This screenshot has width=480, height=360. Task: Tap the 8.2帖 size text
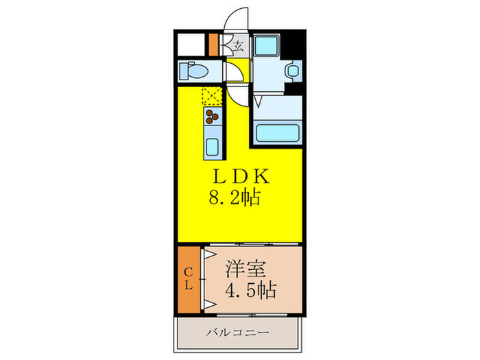(234, 200)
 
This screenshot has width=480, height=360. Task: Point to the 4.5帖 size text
(250, 290)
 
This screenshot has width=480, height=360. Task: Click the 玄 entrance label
(239, 47)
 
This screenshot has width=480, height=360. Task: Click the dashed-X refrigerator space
(213, 95)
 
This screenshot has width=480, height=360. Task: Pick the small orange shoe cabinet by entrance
(213, 45)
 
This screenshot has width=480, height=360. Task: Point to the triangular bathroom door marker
(259, 101)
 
